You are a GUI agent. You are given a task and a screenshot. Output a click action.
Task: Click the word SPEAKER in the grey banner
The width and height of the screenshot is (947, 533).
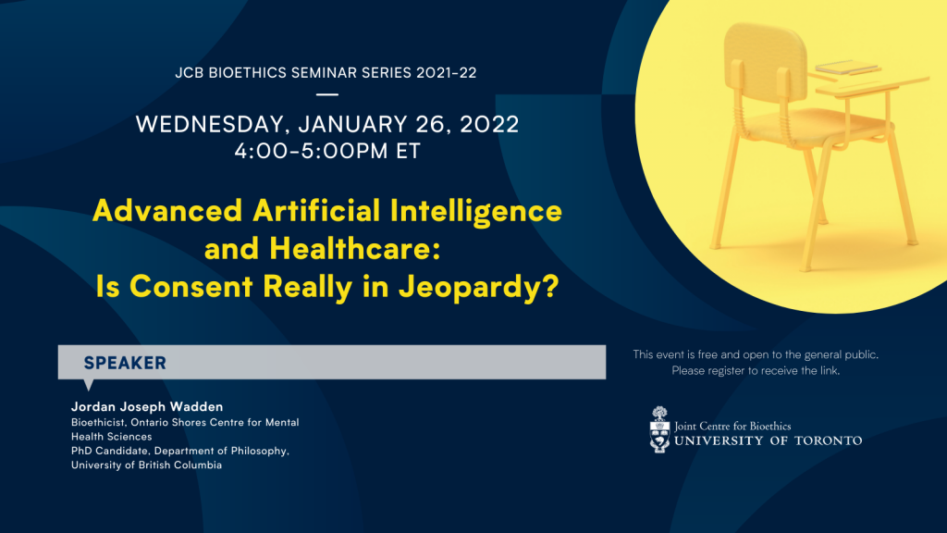point(125,363)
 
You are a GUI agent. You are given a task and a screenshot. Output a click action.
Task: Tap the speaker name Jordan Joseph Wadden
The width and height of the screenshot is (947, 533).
point(147,407)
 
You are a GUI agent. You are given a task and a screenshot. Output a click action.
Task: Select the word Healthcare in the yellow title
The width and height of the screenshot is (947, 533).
point(354,248)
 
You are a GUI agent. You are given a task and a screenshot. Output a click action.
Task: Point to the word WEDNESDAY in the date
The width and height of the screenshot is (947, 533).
point(210,125)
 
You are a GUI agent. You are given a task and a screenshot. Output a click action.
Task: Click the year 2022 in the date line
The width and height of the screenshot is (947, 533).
point(489,124)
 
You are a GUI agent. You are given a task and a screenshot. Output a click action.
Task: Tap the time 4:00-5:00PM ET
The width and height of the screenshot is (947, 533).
point(327,151)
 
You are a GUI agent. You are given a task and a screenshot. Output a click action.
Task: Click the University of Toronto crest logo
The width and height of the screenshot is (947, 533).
point(659,429)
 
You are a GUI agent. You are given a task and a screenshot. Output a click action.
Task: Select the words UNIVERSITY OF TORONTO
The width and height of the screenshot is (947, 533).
point(769,440)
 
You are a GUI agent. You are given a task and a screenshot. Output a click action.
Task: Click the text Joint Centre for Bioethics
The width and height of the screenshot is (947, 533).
point(732,426)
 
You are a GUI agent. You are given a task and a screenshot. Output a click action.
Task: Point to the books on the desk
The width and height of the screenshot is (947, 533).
point(846,67)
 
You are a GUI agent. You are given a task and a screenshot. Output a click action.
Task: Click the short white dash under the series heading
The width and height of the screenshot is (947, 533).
point(327,94)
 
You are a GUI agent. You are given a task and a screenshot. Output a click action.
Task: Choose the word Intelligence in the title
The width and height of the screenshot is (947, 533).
point(476,211)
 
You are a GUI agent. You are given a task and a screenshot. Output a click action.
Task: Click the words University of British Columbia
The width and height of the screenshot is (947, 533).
point(147,465)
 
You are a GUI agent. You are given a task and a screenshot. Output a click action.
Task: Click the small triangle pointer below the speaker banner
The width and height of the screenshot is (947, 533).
point(88,384)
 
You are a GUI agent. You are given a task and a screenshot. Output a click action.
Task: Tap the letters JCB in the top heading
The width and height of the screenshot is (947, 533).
point(189,73)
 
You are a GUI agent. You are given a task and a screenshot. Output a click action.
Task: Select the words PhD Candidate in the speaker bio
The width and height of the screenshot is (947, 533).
point(110,451)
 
